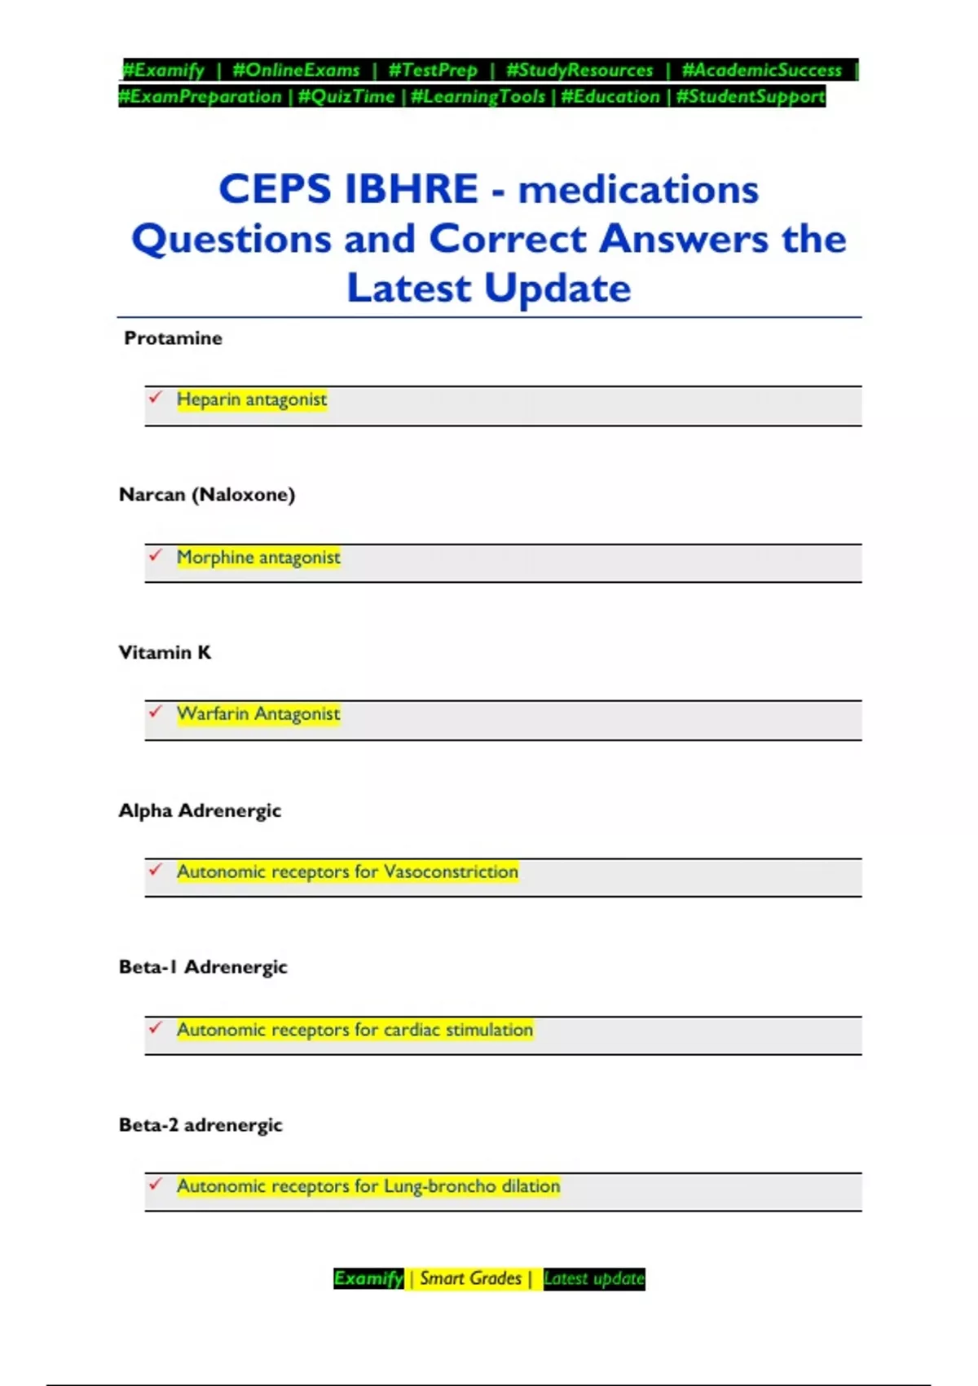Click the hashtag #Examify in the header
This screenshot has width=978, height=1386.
pos(163,70)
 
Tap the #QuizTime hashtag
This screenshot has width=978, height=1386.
pos(346,96)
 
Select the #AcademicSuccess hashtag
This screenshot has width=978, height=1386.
pos(761,70)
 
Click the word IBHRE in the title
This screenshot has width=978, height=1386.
pos(412,189)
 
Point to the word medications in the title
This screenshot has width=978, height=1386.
pos(638,190)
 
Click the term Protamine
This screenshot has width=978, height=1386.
pos(173,338)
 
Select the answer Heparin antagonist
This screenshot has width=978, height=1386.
pos(252,399)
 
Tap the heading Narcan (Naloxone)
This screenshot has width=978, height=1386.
pos(207,495)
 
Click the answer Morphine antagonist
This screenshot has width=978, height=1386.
pos(258,558)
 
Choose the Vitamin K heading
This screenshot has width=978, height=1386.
pos(165,652)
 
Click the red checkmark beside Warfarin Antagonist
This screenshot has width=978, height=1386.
pos(156,712)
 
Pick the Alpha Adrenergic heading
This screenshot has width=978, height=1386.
pos(200,810)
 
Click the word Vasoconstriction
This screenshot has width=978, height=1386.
pos(451,872)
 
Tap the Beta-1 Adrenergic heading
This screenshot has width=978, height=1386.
pos(203,967)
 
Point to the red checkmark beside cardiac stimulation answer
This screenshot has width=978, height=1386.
pos(156,1027)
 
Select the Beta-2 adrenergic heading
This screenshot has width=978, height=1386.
pos(200,1125)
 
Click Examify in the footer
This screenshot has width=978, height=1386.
pos(368,1278)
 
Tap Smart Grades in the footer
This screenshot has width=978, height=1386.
pos(470,1278)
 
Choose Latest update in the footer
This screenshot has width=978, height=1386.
pos(594,1278)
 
